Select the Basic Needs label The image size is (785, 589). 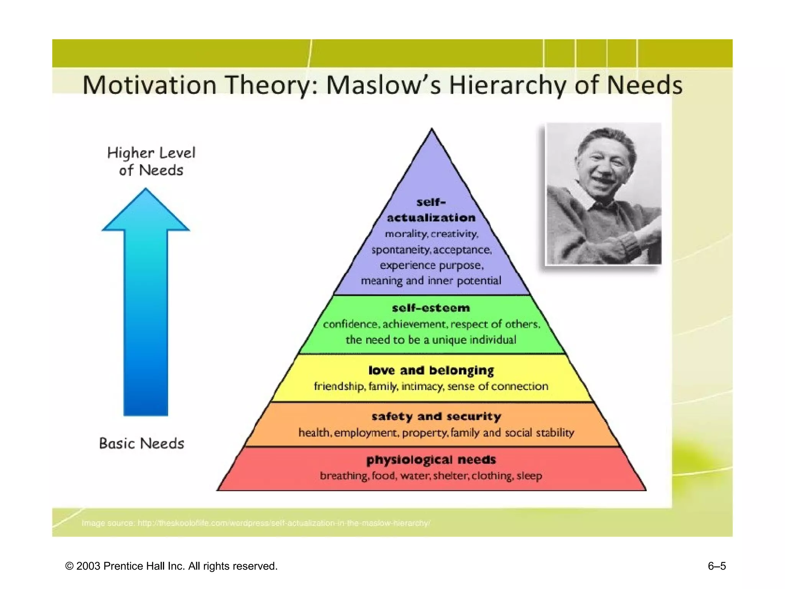tap(141, 444)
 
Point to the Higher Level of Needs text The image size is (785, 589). tap(151, 161)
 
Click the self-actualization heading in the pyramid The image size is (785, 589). tap(431, 210)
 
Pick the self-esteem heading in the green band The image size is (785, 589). tap(431, 308)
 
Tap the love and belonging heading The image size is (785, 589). tap(431, 370)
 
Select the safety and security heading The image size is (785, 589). tap(436, 416)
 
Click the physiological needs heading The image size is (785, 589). tap(431, 460)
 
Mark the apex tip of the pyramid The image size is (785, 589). tap(432, 130)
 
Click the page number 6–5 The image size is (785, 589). tap(716, 566)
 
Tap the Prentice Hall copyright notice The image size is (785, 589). tap(171, 566)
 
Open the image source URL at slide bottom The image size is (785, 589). tap(284, 523)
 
